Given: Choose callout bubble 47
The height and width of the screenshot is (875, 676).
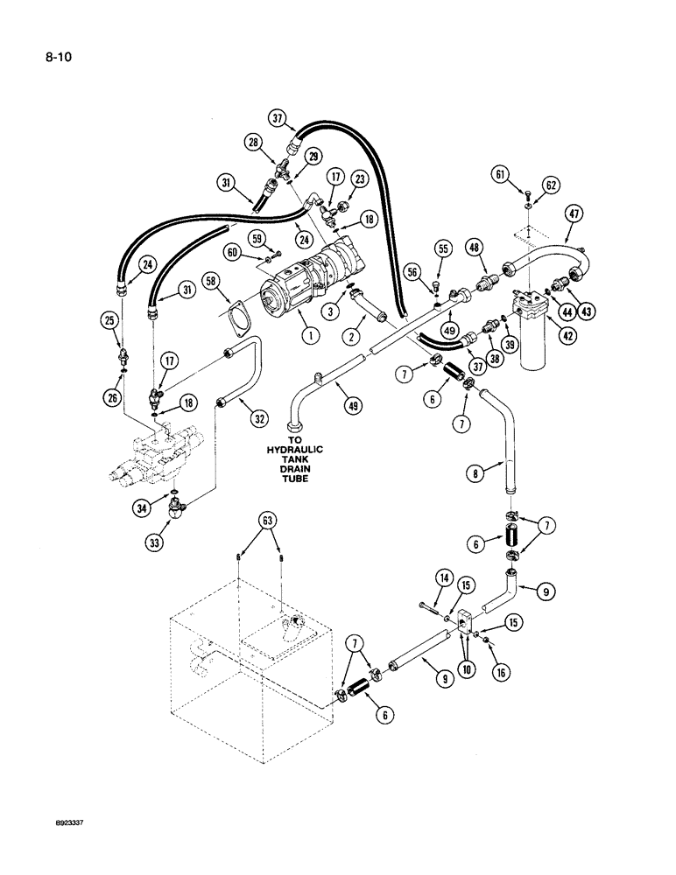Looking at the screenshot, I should tap(574, 213).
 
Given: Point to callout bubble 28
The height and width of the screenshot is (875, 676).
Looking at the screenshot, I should tap(254, 143).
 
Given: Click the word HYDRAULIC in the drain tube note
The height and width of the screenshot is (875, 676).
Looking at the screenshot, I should tap(293, 450).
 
